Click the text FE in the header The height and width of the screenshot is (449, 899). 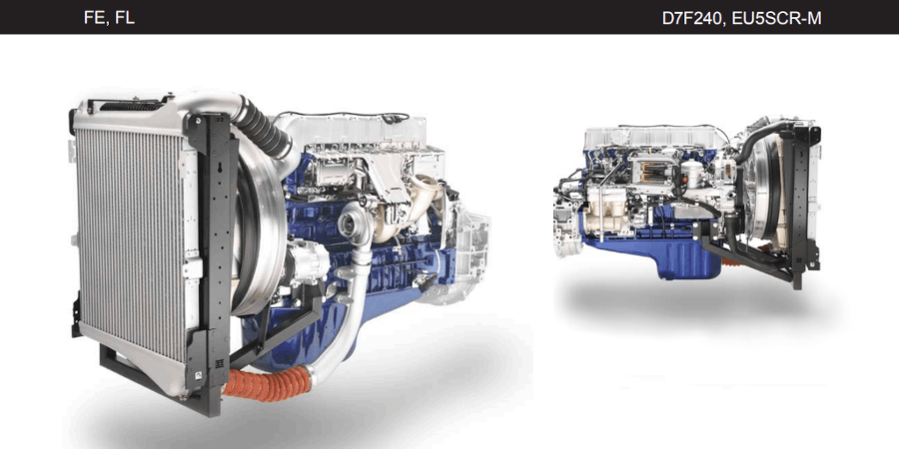[94, 18]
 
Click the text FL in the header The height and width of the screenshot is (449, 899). [125, 18]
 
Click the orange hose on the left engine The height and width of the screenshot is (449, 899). [267, 382]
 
